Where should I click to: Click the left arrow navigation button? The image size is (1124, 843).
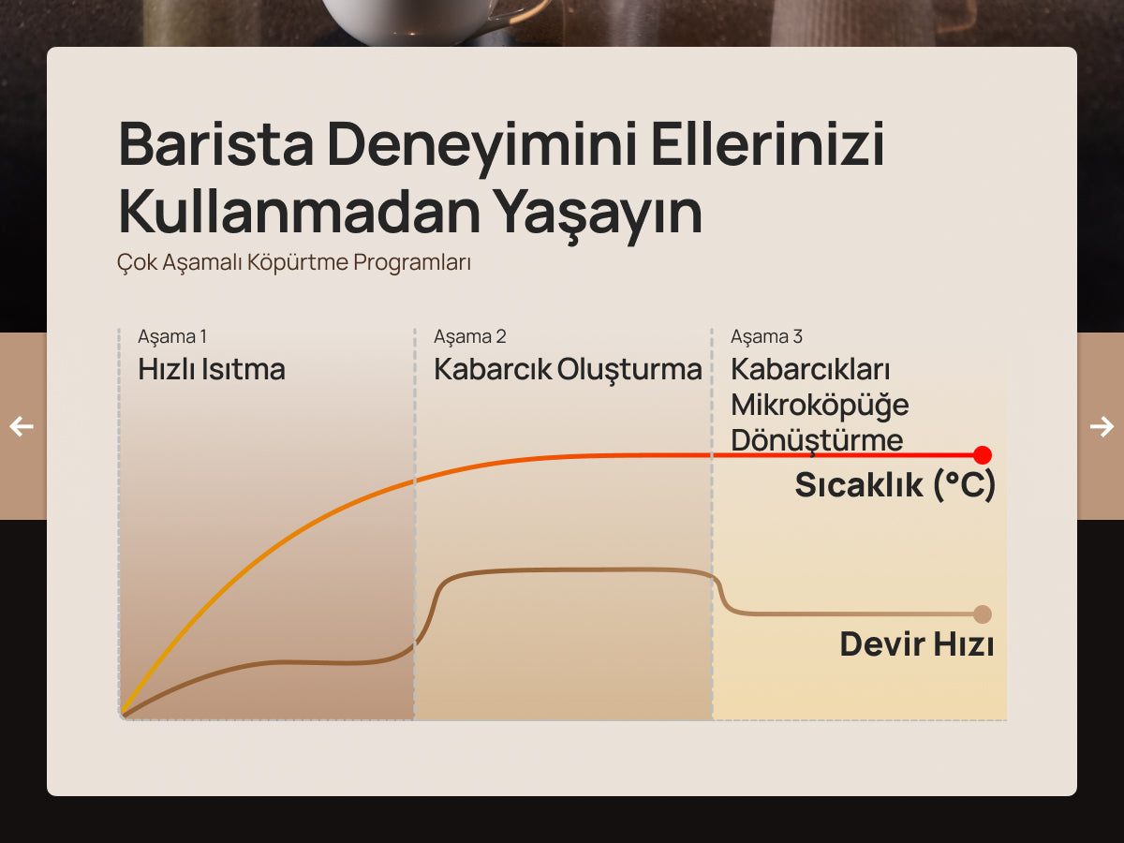22,426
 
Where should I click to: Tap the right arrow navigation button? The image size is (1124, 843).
1102,426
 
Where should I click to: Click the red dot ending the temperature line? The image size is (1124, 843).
983,454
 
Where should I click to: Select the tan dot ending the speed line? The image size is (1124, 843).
983,614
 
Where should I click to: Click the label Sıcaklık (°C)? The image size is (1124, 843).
895,484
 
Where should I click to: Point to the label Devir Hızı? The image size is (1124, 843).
917,643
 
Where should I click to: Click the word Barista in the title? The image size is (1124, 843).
215,144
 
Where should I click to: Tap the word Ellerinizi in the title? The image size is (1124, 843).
767,144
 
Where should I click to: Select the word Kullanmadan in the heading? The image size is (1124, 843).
300,211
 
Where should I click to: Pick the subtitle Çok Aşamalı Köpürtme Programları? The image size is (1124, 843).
294,262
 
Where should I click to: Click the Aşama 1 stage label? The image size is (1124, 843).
172,337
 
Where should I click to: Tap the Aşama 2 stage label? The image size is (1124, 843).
470,337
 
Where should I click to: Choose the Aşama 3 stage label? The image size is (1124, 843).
766,337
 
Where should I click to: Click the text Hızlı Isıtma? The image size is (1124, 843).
212,369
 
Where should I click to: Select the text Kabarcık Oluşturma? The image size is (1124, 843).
568,370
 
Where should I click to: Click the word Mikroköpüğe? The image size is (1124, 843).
820,406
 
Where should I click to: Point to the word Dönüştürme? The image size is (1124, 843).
817,440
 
